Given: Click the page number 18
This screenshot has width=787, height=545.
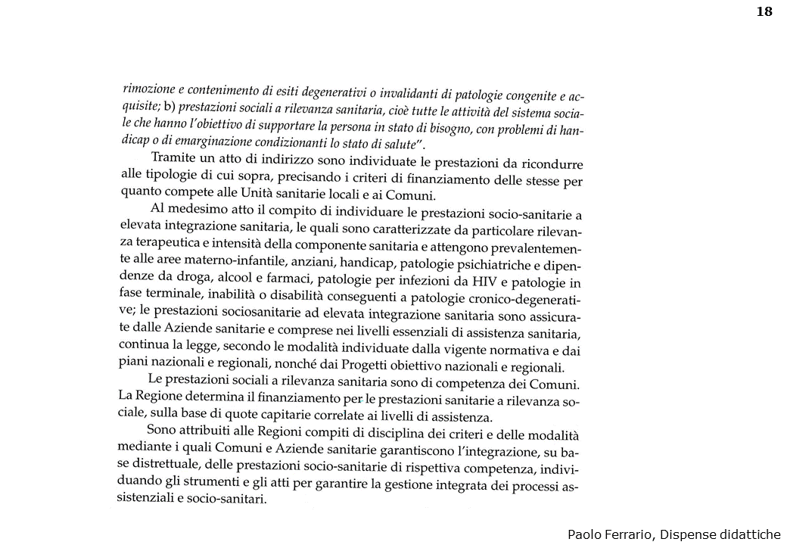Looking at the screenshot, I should click(764, 11).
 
